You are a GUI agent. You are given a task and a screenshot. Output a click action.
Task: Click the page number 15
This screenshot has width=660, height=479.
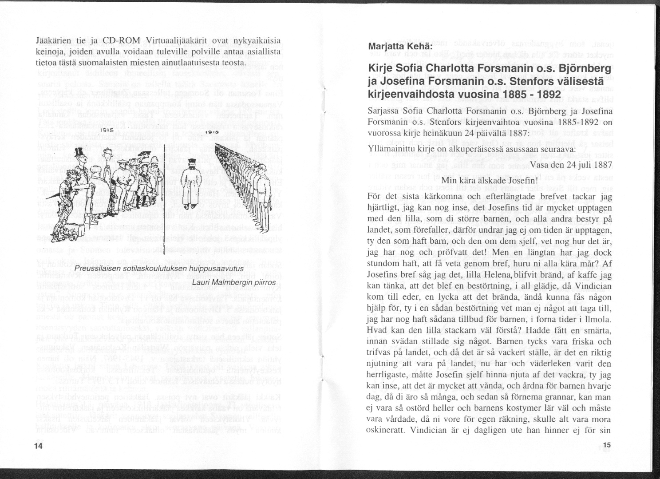(607, 445)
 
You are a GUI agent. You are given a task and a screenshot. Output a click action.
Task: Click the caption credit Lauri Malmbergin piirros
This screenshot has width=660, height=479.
(234, 282)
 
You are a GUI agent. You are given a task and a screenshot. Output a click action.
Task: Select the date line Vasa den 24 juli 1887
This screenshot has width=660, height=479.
(571, 165)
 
